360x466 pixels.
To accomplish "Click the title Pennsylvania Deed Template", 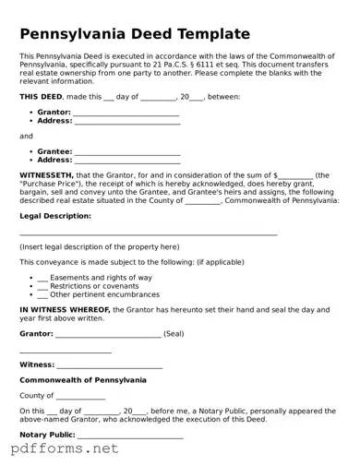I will click(x=135, y=34).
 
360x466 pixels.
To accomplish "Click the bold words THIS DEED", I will click(x=42, y=96).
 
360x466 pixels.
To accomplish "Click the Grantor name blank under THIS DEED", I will click(x=126, y=112).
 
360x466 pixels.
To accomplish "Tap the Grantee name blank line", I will click(x=127, y=151).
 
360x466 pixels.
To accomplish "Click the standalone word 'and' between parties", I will click(x=26, y=136).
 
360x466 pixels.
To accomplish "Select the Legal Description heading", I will click(x=55, y=216).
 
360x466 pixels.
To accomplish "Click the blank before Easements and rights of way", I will click(x=42, y=278).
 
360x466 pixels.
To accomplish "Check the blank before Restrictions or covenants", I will click(x=42, y=286).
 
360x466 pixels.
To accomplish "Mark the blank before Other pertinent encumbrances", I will click(x=42, y=294).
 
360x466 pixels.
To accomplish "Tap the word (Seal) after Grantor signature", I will click(x=174, y=333).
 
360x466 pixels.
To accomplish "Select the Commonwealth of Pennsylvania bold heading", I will click(x=82, y=379).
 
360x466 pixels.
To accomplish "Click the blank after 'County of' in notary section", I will click(x=80, y=396).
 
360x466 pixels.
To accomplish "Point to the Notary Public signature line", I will click(x=129, y=435).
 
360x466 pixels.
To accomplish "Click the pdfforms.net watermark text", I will click(x=65, y=450).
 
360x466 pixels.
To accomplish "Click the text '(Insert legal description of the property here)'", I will click(x=99, y=247).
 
